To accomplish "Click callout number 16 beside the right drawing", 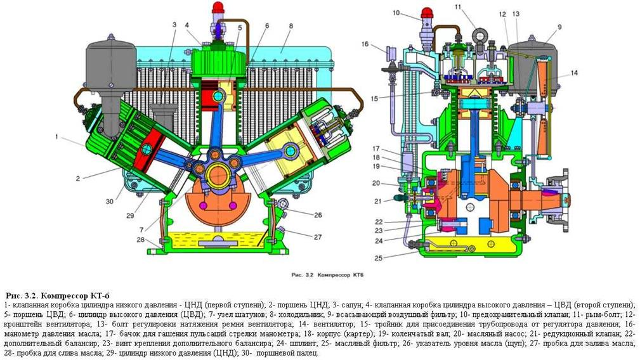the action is click(365, 44).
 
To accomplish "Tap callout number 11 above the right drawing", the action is click(458, 7).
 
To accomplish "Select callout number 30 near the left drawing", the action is click(109, 201).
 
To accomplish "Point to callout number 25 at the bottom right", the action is click(379, 258).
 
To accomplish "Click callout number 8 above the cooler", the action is click(291, 26).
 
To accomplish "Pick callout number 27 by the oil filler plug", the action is click(318, 237).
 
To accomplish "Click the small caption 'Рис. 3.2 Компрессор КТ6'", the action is click(327, 275).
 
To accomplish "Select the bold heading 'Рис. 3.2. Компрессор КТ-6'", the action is click(58, 295).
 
